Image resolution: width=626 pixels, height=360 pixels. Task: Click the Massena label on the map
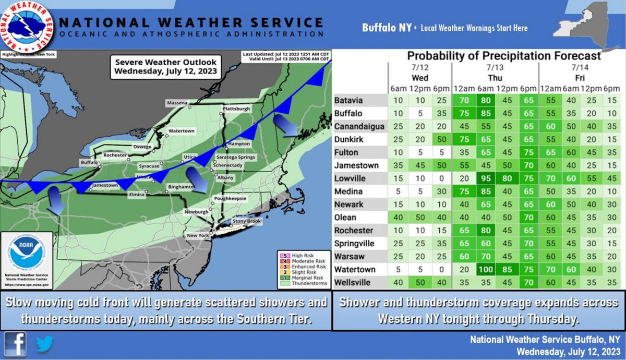pyautogui.click(x=177, y=103)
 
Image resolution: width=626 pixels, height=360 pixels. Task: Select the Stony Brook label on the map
pyautogui.click(x=246, y=222)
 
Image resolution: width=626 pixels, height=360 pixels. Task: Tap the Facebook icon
pyautogui.click(x=16, y=344)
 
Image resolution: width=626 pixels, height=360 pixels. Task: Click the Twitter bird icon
pyautogui.click(x=44, y=344)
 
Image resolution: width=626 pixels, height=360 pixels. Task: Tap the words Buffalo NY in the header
pyautogui.click(x=387, y=28)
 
